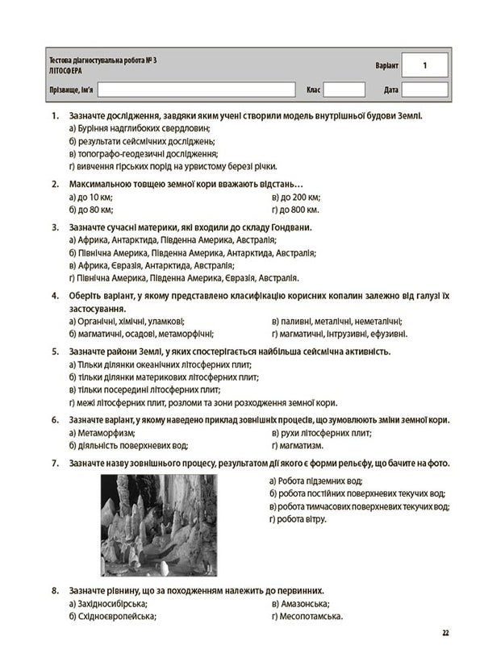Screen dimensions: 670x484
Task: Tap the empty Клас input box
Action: pyautogui.click(x=344, y=89)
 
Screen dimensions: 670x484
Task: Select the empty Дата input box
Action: pyautogui.click(x=424, y=89)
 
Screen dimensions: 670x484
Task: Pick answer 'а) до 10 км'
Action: pyautogui.click(x=91, y=198)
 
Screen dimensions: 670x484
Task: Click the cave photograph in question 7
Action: pyautogui.click(x=158, y=523)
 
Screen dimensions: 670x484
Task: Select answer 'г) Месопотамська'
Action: pyautogui.click(x=309, y=617)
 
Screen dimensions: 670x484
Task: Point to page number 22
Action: pyautogui.click(x=445, y=632)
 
